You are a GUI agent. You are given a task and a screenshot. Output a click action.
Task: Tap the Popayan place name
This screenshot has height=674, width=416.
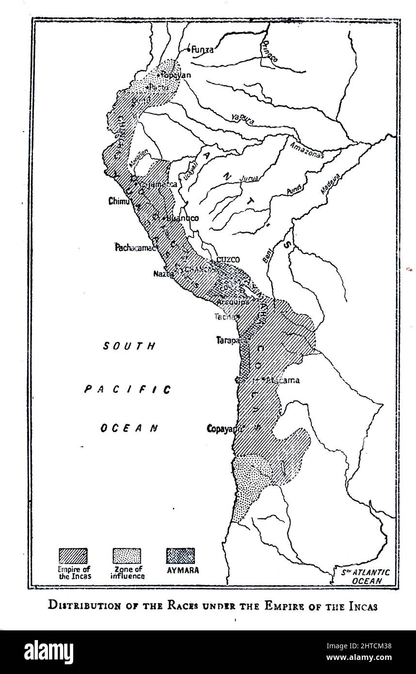pos(176,75)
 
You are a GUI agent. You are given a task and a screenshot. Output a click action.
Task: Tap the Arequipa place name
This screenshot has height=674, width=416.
pos(234,302)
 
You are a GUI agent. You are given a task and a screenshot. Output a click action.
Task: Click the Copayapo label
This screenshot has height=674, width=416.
pos(224,429)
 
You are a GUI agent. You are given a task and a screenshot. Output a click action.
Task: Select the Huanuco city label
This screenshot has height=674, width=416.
pos(183,218)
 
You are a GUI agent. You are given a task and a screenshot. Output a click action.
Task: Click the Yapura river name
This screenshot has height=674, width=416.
pos(242,120)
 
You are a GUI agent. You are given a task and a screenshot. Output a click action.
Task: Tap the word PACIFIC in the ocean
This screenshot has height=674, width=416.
pos(128,389)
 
